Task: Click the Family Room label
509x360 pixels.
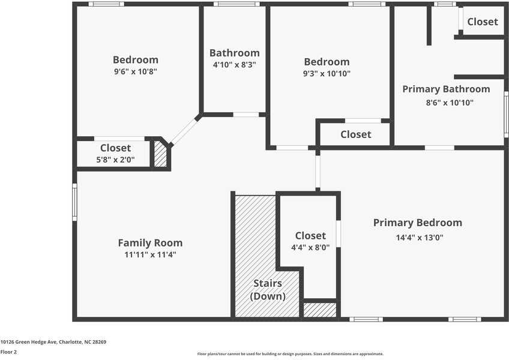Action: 150,243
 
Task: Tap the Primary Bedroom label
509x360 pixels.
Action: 418,223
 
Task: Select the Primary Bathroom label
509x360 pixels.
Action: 446,89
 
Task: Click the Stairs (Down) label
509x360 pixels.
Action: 268,290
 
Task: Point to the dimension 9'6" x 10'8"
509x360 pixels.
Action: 136,71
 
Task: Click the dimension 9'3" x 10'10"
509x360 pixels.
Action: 327,73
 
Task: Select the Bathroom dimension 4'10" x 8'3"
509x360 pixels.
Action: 234,65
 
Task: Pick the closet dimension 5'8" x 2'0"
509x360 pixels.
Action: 116,160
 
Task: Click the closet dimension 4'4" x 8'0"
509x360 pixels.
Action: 310,247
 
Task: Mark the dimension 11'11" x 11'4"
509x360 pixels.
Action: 150,254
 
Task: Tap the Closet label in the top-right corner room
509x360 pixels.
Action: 483,22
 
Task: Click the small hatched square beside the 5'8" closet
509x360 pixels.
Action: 160,154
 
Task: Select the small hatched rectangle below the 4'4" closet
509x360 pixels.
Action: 319,310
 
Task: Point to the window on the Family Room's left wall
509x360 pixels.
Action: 75,202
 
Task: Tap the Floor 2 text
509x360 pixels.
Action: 8,352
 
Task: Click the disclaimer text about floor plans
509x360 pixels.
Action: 290,354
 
